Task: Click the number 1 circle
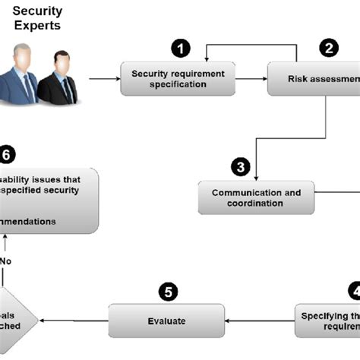(x=180, y=48)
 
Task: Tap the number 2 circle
(x=329, y=48)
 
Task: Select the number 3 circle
(x=240, y=166)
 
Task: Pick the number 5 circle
(x=168, y=292)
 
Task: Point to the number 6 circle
(x=7, y=155)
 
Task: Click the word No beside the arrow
(x=6, y=261)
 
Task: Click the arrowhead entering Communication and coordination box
(x=256, y=176)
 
